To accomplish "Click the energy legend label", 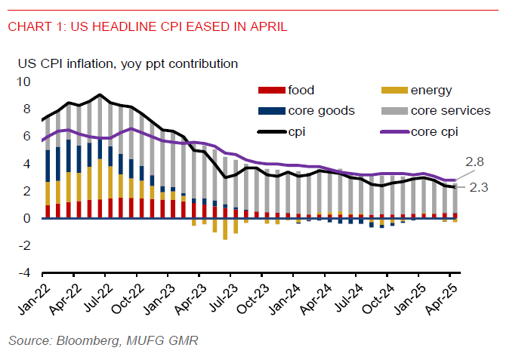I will pyautogui.click(x=431, y=91).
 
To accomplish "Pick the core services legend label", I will pyautogui.click(x=450, y=111).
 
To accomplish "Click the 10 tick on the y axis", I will pyautogui.click(x=24, y=82).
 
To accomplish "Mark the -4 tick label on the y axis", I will pyautogui.click(x=24, y=273).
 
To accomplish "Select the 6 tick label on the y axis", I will pyautogui.click(x=27, y=137).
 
